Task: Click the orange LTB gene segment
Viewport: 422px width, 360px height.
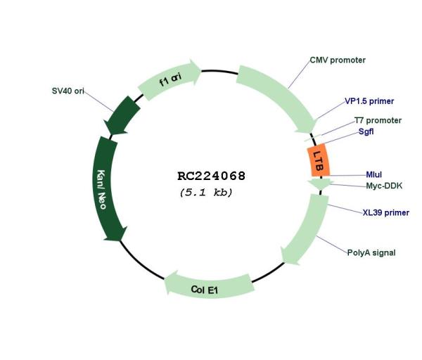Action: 319,160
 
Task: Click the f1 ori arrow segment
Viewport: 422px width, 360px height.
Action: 170,80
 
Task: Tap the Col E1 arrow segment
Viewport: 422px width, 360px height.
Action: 209,287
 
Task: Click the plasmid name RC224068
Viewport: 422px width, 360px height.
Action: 212,176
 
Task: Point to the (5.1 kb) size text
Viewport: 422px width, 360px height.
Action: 206,193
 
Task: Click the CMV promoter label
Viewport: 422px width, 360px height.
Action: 338,60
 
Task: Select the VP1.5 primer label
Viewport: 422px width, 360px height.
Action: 369,101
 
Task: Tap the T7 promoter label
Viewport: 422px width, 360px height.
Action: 378,120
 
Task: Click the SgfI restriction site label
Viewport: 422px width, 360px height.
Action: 366,131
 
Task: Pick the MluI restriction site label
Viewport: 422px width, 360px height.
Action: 374,174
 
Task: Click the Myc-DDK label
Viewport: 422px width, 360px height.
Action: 384,186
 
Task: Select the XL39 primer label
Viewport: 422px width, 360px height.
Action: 386,212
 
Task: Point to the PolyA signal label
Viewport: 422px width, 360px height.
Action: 371,252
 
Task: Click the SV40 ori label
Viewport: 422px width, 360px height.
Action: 68,91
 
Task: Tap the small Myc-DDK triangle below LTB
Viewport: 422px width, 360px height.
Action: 320,184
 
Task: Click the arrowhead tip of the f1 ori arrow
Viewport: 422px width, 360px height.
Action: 201,70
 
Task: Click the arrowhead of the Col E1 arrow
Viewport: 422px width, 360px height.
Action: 165,283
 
